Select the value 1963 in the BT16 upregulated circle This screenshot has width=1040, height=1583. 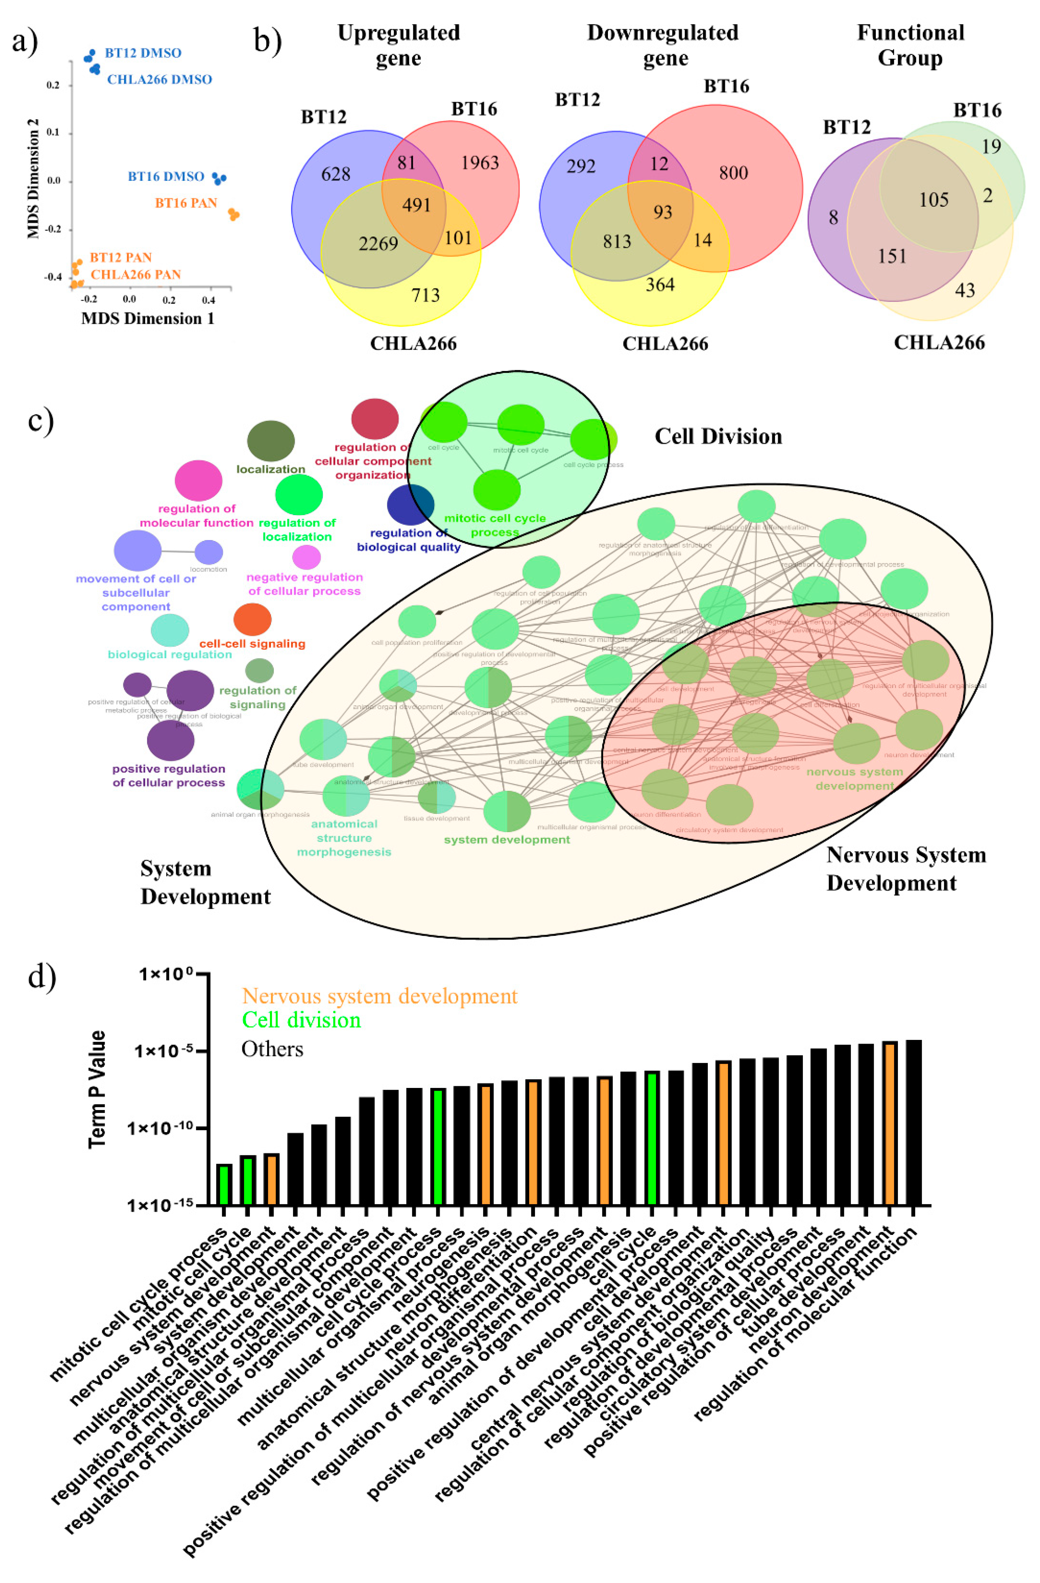pos(479,163)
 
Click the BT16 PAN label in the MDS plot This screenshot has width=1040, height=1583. pos(186,203)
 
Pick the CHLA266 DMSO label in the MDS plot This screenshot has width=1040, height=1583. pos(160,79)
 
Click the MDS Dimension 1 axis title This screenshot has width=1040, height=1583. pos(148,319)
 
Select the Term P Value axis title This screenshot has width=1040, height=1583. pos(98,1089)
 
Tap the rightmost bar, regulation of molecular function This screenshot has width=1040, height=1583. pos(913,1123)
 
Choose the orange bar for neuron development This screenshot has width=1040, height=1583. pos(890,1124)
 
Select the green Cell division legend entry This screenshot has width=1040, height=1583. pos(301,1019)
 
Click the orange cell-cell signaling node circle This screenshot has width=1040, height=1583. pos(252,619)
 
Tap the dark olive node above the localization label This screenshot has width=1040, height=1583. pos(271,440)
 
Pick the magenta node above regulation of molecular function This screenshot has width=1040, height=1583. pos(198,480)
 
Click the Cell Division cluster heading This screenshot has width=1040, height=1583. pos(718,436)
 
